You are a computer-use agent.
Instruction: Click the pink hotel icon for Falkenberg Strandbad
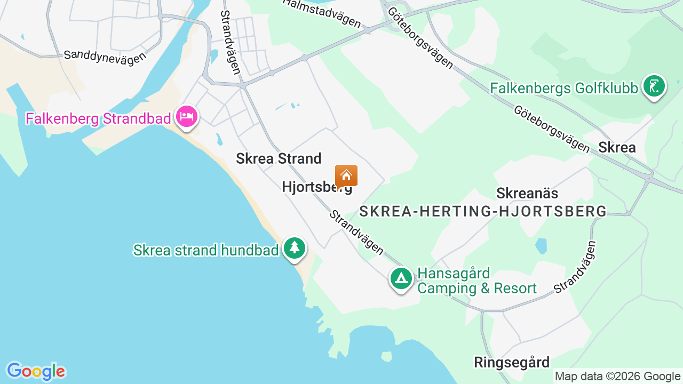pyautogui.click(x=186, y=116)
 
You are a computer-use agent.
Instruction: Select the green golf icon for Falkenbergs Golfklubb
pyautogui.click(x=654, y=86)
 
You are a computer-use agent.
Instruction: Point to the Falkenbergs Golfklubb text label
pyautogui.click(x=564, y=88)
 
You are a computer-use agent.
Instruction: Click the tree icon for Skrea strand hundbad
pyautogui.click(x=294, y=247)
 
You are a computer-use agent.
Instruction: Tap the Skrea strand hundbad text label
pyautogui.click(x=206, y=250)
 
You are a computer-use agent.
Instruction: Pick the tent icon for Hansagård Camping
pyautogui.click(x=401, y=278)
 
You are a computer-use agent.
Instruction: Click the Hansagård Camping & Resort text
pyautogui.click(x=476, y=281)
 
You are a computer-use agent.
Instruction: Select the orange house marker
pyautogui.click(x=346, y=175)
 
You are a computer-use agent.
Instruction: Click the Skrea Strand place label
pyautogui.click(x=279, y=158)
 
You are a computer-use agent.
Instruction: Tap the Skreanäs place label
pyautogui.click(x=527, y=193)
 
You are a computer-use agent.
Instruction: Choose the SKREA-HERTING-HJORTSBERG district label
pyautogui.click(x=483, y=212)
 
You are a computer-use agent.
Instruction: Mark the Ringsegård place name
pyautogui.click(x=511, y=363)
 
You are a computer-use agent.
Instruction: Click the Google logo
pyautogui.click(x=36, y=371)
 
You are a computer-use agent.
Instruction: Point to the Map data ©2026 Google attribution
pyautogui.click(x=617, y=377)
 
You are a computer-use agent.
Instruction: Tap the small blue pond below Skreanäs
pyautogui.click(x=541, y=246)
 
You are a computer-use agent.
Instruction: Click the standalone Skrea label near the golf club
pyautogui.click(x=617, y=147)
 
